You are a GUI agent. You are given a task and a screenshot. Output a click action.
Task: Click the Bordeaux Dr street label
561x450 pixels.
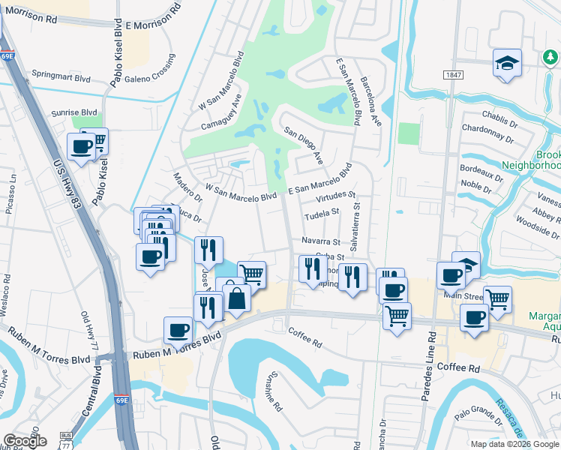point(481,174)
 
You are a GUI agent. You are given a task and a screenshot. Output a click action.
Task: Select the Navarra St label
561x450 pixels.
point(321,241)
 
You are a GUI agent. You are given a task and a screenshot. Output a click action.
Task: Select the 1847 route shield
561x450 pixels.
point(453,75)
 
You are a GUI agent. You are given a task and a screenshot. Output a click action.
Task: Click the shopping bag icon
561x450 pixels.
point(237,298)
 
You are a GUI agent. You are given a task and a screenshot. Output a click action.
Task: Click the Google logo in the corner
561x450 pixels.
point(25,441)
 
